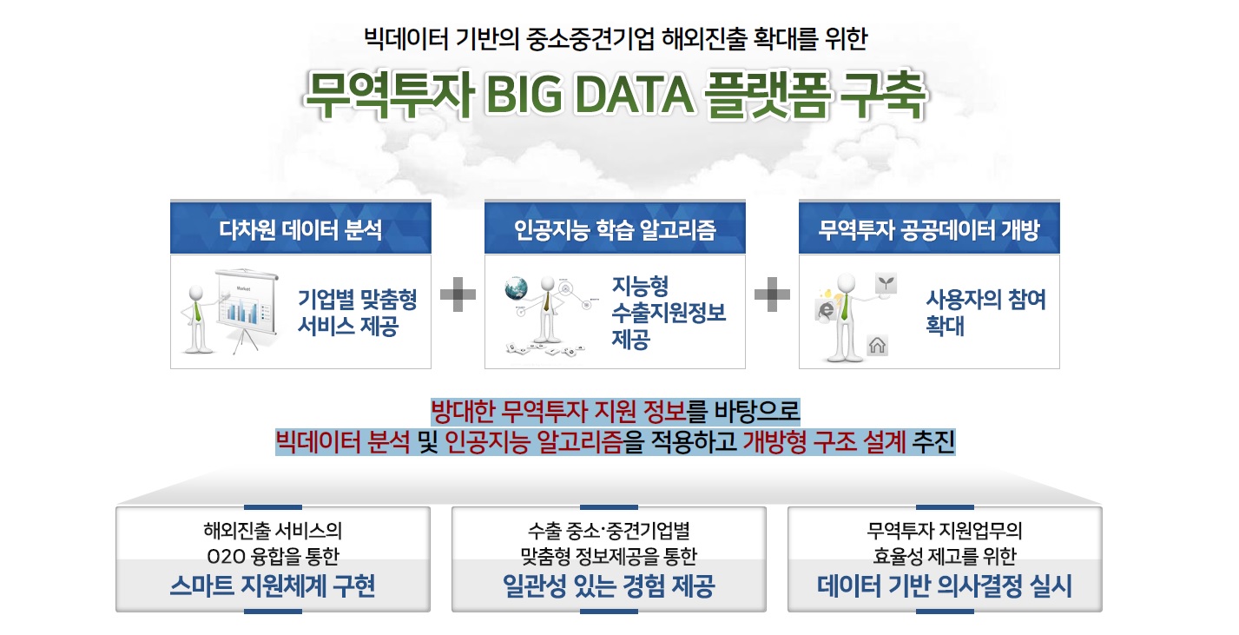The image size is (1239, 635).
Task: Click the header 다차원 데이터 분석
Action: coord(300,229)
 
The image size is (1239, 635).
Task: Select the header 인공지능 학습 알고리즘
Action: coord(615,229)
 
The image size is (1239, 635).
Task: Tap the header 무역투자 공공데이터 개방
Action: coord(929,229)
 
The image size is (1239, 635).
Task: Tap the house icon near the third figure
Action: coord(877,346)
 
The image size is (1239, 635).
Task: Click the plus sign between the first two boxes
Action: coord(458,296)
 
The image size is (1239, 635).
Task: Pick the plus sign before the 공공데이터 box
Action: coord(772,296)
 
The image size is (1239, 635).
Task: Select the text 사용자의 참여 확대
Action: coord(985,313)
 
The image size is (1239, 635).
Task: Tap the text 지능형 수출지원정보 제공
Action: coord(669,313)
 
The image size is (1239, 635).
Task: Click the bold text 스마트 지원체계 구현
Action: coord(273,586)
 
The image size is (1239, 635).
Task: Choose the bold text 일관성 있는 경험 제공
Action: coord(609,586)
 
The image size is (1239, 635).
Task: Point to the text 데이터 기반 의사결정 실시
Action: coord(945,586)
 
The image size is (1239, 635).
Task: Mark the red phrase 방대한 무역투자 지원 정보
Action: coord(559,409)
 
